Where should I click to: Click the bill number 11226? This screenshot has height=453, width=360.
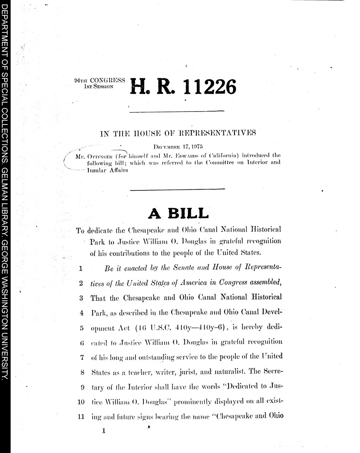tap(208, 87)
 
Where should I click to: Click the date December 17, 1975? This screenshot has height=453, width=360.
tap(178, 146)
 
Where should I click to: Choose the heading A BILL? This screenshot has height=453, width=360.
tap(178, 213)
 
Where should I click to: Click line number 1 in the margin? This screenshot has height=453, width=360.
tap(81, 268)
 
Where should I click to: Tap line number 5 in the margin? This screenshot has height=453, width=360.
tap(81, 327)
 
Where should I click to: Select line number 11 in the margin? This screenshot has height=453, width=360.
tap(80, 417)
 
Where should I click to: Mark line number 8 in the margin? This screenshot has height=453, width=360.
tap(81, 372)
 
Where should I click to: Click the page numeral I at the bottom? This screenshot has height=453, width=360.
tap(103, 431)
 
